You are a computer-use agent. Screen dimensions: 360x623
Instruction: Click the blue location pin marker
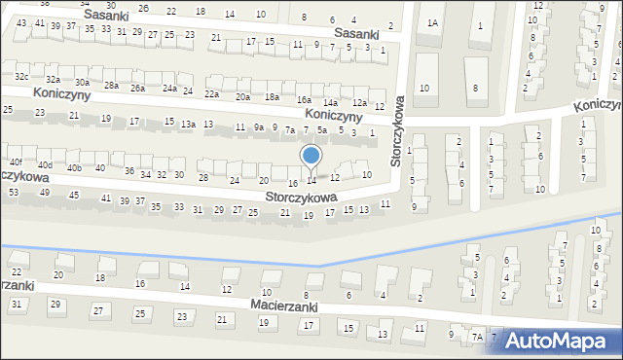(x=311, y=157)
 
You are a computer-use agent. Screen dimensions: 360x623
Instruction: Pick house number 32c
(x=21, y=76)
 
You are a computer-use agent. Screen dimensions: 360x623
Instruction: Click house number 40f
(x=15, y=162)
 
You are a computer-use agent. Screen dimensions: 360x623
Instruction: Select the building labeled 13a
(x=187, y=125)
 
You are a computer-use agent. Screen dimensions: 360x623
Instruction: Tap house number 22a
(x=211, y=94)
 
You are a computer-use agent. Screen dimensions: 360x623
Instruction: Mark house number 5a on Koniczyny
(x=321, y=129)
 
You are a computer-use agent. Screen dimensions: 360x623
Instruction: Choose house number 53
(x=13, y=193)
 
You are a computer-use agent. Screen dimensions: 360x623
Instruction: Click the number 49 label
(x=45, y=193)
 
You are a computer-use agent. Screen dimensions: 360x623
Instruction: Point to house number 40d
(x=45, y=165)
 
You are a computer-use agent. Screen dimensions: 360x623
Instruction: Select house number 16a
(x=304, y=100)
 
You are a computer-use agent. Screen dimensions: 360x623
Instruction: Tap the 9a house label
(x=258, y=127)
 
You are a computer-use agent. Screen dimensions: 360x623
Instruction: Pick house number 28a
(x=111, y=86)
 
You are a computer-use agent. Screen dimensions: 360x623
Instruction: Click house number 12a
(x=358, y=103)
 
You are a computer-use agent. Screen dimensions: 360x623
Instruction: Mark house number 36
(x=129, y=171)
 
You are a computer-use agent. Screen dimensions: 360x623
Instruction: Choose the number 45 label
(x=75, y=196)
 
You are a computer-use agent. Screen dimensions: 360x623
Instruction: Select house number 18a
(x=273, y=97)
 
